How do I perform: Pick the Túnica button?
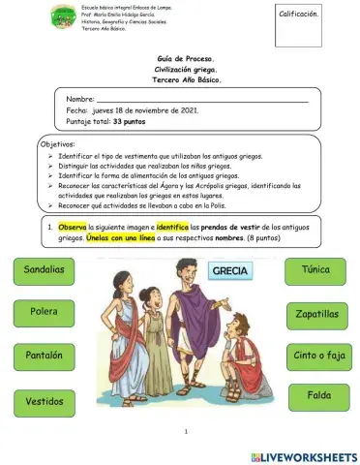click(316, 268)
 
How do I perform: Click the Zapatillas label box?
click(316, 314)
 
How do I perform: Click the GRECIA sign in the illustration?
click(230, 271)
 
